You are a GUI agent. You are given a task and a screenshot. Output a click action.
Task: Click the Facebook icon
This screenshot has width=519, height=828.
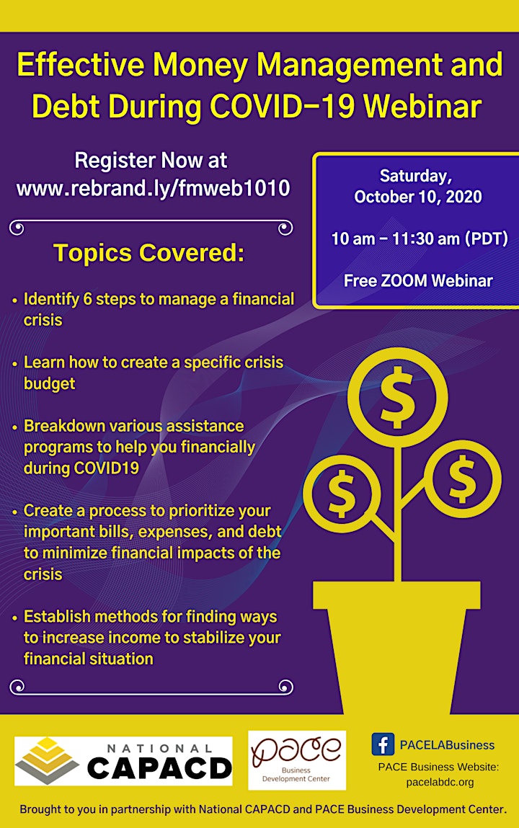coord(383,744)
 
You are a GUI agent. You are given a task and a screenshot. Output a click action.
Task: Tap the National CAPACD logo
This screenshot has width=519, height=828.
coord(123,761)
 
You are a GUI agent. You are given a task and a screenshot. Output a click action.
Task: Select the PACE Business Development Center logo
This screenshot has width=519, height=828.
coord(297,760)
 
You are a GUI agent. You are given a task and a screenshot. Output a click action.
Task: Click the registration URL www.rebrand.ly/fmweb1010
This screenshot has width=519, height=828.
coord(153,188)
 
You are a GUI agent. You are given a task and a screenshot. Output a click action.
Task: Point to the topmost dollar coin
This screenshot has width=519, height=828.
coord(398,397)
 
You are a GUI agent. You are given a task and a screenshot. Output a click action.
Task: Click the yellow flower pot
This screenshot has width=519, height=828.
coord(397,648)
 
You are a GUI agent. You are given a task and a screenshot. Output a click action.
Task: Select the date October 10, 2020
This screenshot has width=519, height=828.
coord(417,197)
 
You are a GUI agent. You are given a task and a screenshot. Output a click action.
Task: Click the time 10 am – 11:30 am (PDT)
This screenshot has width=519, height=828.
coord(420,239)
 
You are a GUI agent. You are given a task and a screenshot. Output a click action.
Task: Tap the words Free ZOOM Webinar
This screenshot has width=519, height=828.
coord(418,280)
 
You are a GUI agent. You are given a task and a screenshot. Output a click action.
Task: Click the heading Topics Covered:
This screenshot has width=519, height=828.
coord(149,253)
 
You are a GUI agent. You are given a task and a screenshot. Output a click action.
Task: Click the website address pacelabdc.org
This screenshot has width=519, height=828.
coord(440,782)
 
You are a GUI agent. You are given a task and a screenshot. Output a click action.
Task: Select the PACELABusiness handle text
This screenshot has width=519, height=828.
coord(447,745)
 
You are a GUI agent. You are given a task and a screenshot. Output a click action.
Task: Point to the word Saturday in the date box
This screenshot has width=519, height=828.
coord(416,176)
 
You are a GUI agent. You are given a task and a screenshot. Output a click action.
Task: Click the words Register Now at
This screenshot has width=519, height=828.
coord(151,161)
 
